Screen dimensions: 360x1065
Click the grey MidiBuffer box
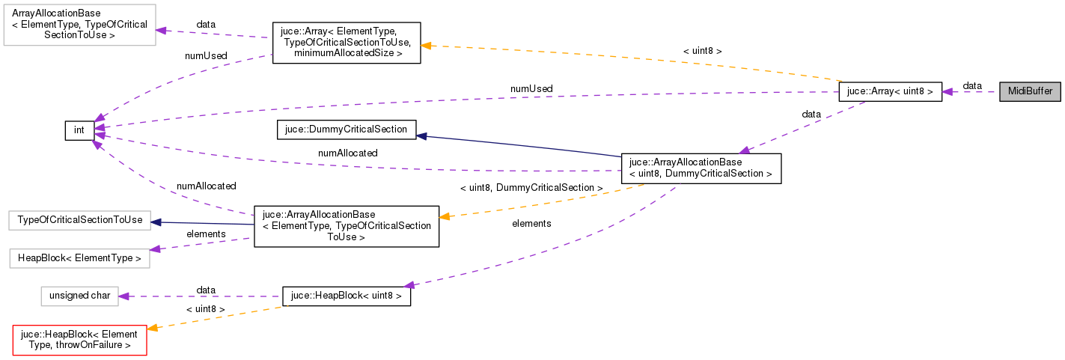pos(1030,91)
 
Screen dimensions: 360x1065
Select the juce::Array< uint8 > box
pos(889,91)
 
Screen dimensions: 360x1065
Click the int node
pos(79,130)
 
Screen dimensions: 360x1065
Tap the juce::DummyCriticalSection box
pos(346,129)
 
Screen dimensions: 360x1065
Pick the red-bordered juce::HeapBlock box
pos(79,339)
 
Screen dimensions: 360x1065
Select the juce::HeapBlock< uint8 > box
pos(346,296)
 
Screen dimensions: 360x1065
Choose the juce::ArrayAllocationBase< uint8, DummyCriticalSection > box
pos(701,168)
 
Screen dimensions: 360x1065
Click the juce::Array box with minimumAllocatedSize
pos(346,42)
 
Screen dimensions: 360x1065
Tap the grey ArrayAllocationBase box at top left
pos(79,24)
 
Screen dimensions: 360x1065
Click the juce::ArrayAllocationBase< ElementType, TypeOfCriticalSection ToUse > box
pos(346,225)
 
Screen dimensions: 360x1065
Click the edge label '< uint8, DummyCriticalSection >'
pos(531,187)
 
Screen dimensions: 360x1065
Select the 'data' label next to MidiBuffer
pos(972,86)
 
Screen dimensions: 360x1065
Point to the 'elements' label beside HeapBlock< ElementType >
pos(206,234)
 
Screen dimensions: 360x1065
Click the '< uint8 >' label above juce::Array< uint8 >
pos(702,51)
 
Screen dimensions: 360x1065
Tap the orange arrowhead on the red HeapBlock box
pos(152,328)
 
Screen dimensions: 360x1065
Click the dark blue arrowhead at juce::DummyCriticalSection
pos(421,135)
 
